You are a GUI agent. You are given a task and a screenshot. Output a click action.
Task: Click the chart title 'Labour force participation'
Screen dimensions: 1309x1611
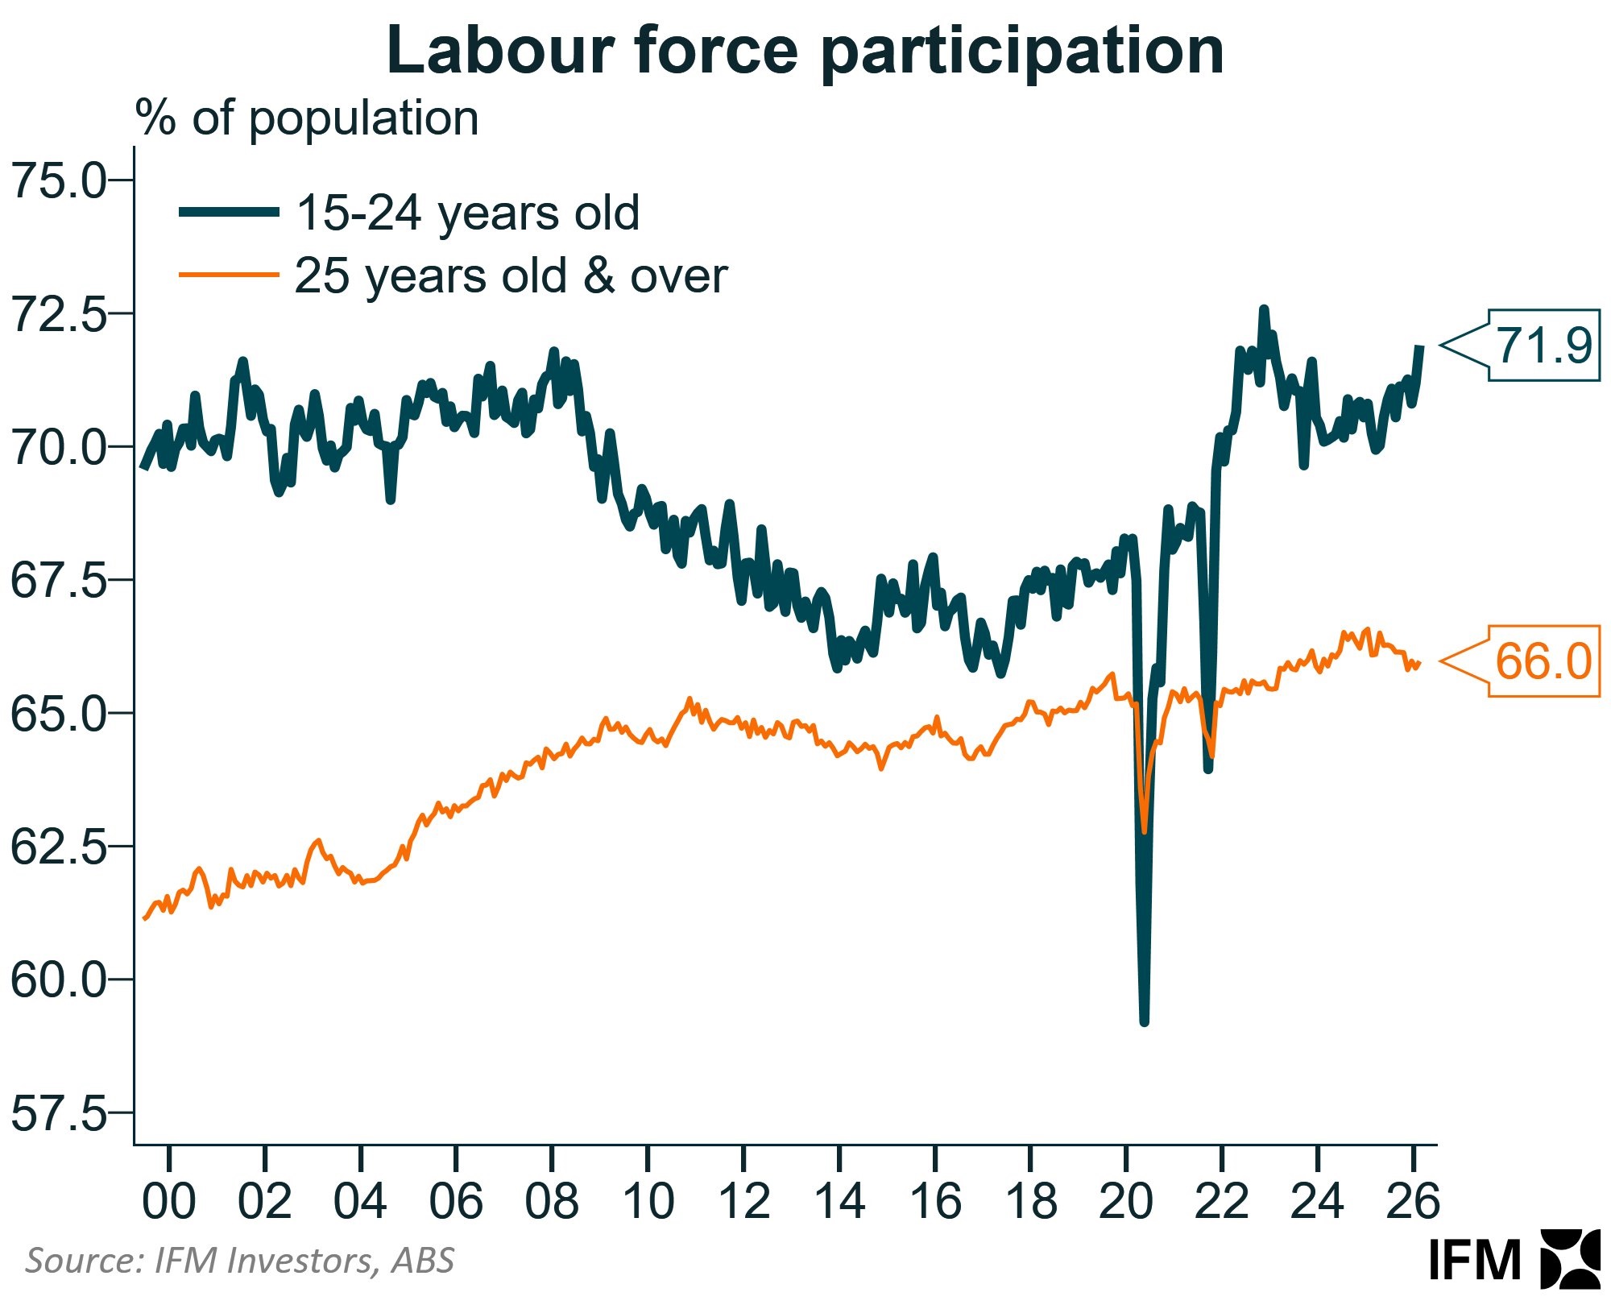805,50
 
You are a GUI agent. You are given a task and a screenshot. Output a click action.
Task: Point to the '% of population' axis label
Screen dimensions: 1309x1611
307,118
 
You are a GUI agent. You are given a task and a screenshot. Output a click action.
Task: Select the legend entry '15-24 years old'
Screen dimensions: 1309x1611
467,213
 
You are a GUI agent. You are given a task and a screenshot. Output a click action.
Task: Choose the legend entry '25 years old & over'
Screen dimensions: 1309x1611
511,275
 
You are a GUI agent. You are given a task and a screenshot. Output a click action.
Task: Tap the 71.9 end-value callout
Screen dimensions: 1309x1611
1543,346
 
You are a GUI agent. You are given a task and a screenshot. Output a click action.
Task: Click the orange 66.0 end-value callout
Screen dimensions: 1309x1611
1543,661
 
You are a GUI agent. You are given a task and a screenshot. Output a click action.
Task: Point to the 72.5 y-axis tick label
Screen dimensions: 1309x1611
58,313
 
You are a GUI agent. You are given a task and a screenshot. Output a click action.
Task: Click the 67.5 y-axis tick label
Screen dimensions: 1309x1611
58,580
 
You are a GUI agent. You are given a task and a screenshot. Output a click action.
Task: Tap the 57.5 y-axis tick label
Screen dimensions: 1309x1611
58,1113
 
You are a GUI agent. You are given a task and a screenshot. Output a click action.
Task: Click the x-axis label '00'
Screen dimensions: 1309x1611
168,1201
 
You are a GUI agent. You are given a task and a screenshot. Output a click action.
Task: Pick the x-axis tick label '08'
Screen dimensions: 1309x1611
552,1201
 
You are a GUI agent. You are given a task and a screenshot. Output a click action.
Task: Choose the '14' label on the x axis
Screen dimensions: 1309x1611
839,1201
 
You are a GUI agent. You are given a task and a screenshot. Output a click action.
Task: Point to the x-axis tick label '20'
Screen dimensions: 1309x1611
1126,1201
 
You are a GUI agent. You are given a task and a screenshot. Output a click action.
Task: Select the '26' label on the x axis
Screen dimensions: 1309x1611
1413,1201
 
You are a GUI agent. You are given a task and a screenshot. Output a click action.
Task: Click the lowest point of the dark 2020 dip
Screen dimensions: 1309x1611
1144,1021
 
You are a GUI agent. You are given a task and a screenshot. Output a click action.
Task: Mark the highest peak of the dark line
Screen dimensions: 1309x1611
1263,309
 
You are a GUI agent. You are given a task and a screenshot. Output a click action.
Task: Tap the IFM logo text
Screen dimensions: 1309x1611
1474,1260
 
